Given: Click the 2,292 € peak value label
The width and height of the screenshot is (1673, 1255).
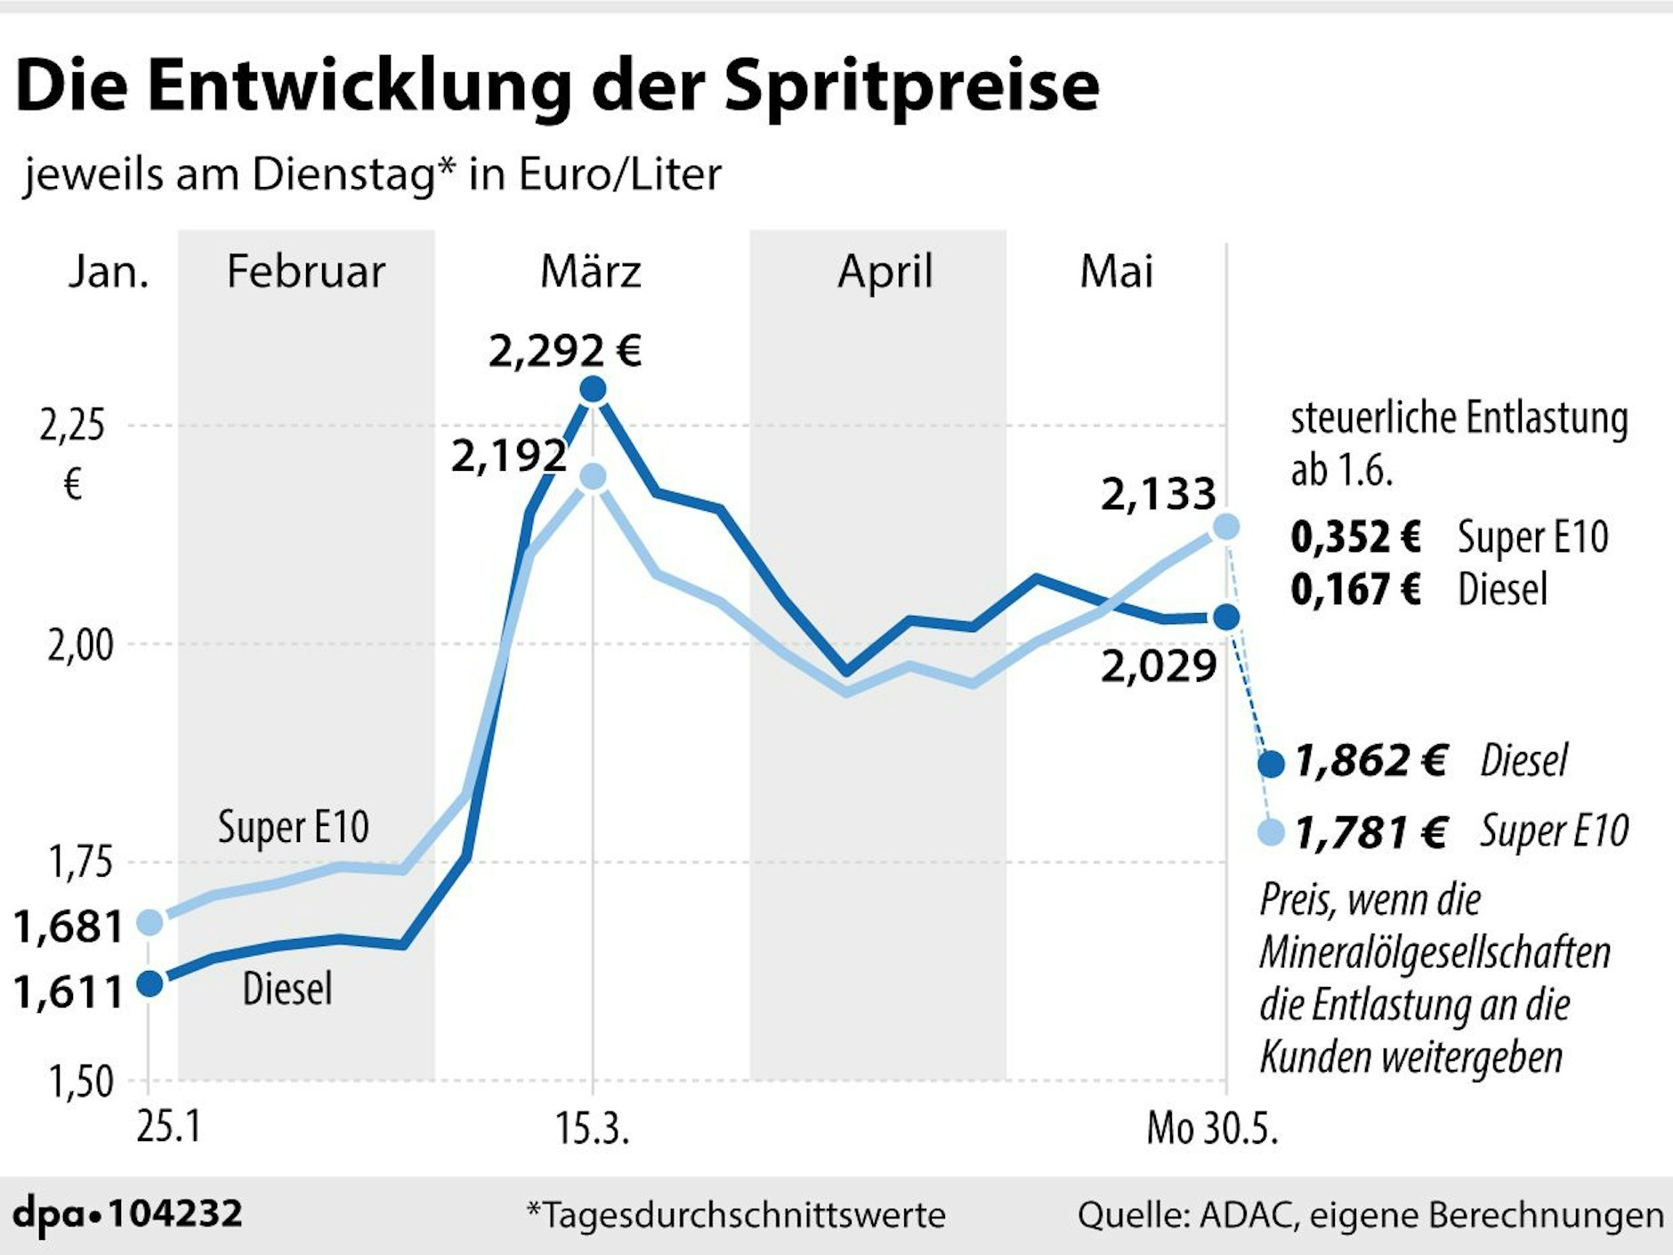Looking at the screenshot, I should pos(565,350).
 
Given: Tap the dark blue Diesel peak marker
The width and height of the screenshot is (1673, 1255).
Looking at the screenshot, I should pos(593,389).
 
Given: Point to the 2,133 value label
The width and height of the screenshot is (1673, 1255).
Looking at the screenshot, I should pos(1158,494).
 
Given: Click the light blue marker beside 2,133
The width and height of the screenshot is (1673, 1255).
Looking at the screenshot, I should pos(1225,527).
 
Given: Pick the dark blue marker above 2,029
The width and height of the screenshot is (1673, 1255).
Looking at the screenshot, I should pos(1226,616).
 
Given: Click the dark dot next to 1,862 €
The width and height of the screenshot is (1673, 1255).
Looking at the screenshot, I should pos(1272,764).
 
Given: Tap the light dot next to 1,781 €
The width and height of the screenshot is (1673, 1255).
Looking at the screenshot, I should pos(1272,832).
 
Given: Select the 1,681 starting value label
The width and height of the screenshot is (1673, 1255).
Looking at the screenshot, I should pos(68,927).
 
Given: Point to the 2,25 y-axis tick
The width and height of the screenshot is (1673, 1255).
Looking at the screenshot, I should pos(72,425).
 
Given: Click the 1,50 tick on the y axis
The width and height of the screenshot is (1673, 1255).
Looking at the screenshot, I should pos(80,1081).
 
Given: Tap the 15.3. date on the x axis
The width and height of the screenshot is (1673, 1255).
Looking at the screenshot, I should pos(592,1129).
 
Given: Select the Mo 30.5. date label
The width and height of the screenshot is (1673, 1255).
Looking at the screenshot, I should pos(1212,1129).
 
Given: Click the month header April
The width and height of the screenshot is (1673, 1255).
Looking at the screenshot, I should pos(885,271).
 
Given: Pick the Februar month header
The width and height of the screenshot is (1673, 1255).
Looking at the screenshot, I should pos(305,271).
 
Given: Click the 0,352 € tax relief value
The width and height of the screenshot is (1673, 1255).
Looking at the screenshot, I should pos(1355,536).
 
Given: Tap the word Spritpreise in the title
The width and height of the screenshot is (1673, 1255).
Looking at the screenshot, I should pos(911,86).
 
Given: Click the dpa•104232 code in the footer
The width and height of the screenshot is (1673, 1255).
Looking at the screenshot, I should pos(127,1213).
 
